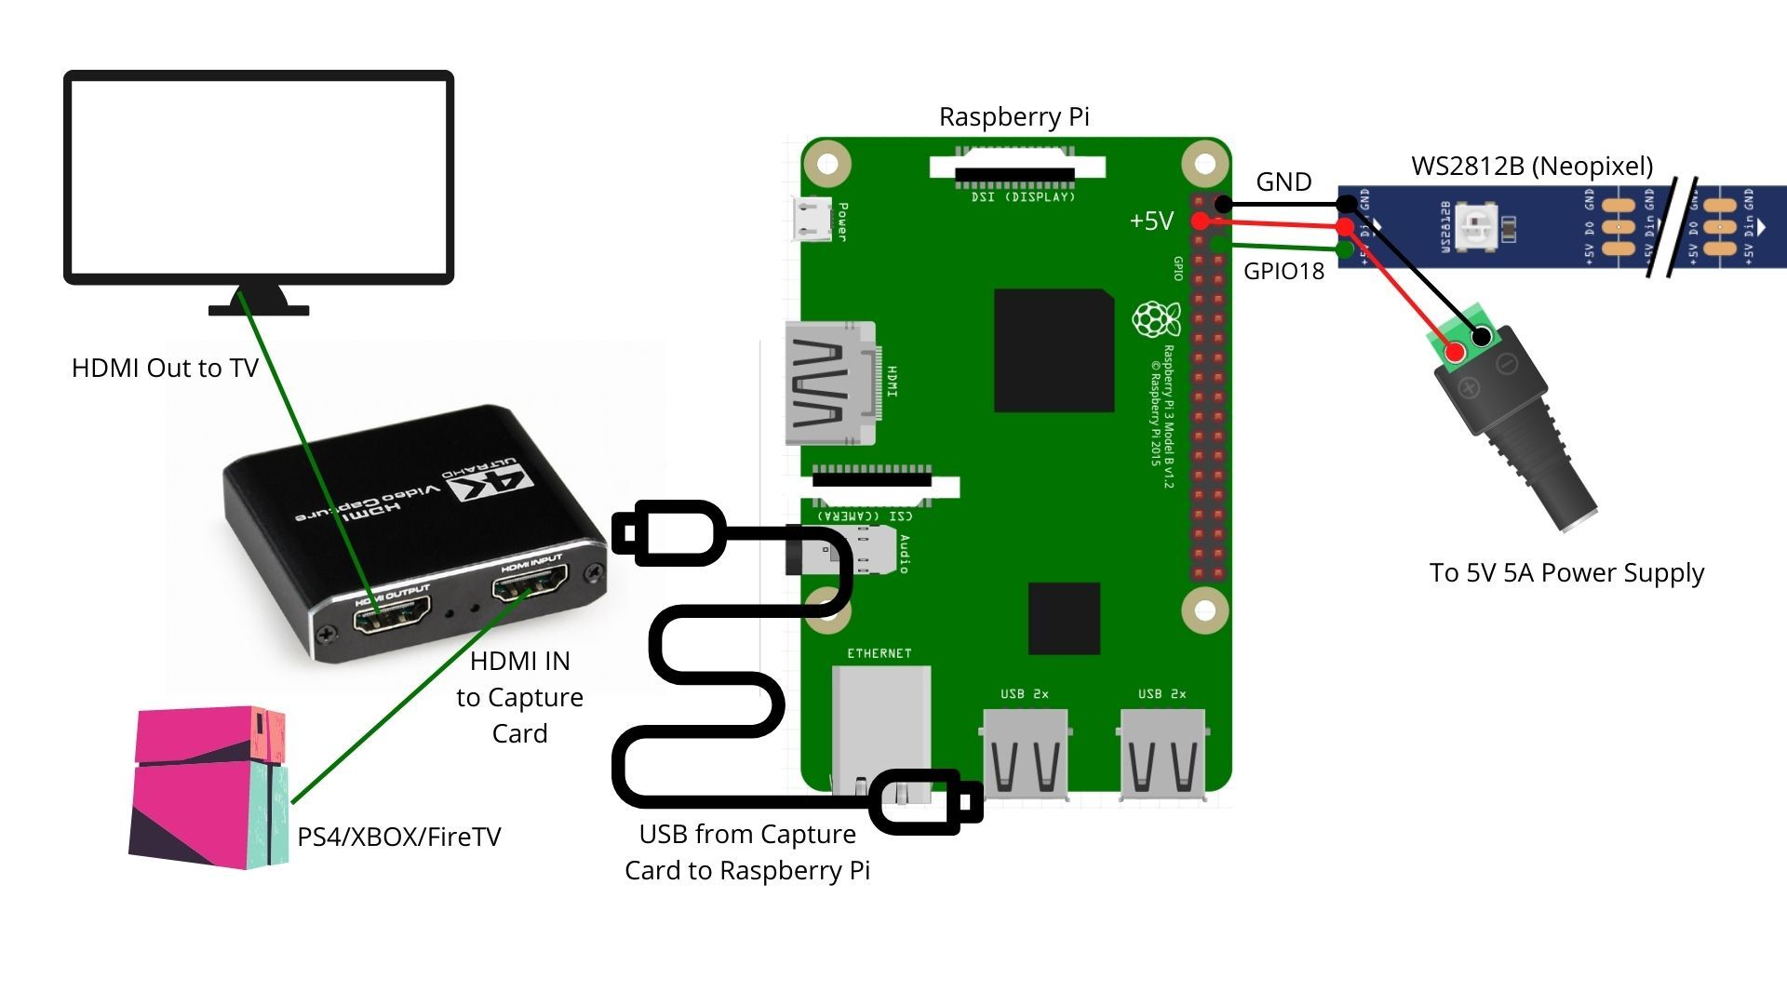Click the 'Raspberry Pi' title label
coord(1014,117)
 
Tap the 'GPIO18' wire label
coord(1283,271)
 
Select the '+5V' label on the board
coord(1150,221)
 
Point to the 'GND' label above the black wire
coord(1283,181)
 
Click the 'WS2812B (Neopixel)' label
coord(1532,166)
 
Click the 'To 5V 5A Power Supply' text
coord(1566,572)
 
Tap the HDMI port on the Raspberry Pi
coord(830,383)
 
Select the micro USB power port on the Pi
coord(812,220)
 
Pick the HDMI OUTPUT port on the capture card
coord(392,613)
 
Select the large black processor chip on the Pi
coord(1054,351)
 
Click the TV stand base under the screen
coord(259,308)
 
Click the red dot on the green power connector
coord(1455,352)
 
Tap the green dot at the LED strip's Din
coord(1344,249)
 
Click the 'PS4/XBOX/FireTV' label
coord(398,837)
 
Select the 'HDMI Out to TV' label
coord(165,368)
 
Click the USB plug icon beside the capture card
coord(668,533)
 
